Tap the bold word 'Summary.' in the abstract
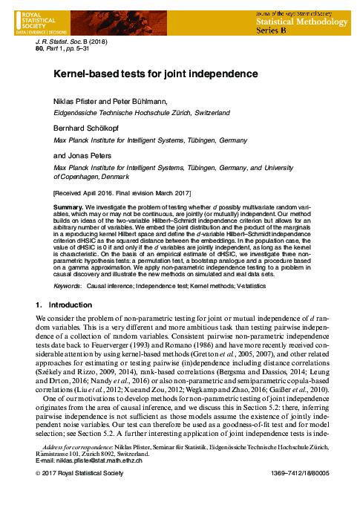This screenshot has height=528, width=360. pyautogui.click(x=68, y=204)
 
